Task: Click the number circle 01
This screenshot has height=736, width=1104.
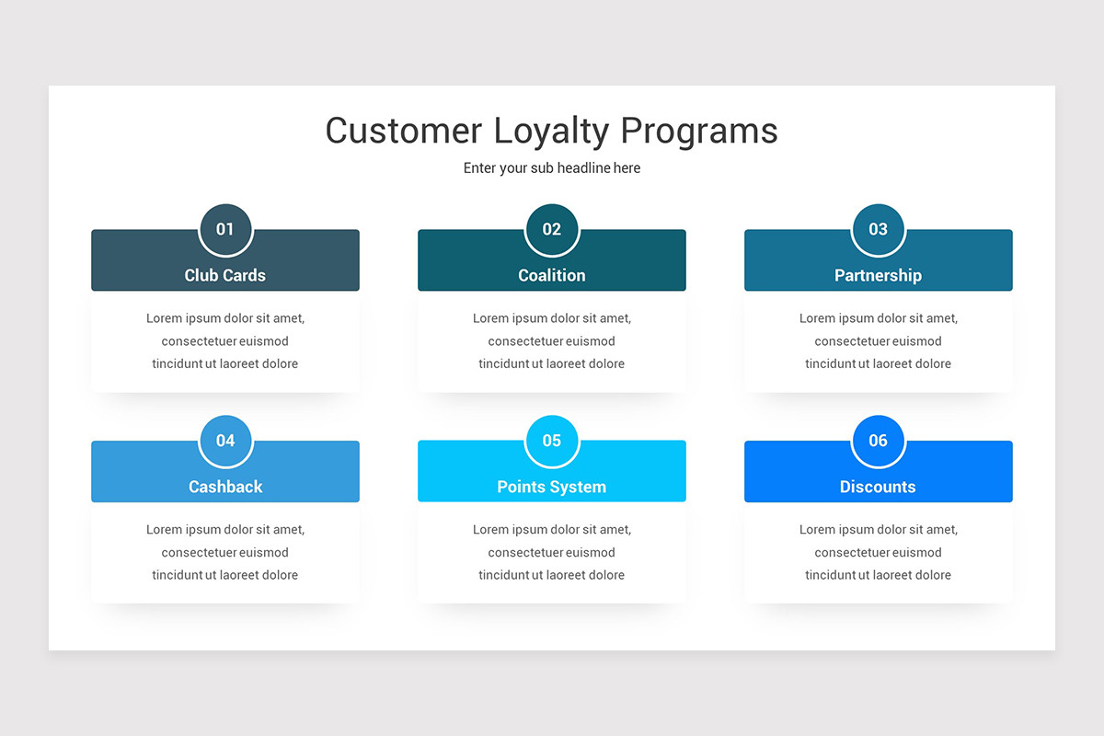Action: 225,229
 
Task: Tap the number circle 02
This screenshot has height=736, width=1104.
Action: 552,229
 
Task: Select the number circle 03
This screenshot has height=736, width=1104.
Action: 879,229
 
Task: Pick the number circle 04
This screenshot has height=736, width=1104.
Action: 225,441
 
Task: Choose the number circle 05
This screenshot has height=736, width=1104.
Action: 552,441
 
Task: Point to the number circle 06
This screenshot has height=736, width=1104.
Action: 879,441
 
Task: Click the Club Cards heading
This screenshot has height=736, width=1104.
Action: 225,275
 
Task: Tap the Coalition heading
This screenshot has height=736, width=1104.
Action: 552,275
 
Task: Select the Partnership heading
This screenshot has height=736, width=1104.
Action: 879,275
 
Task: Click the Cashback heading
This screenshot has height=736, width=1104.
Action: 225,487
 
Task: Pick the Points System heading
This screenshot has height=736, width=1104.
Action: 552,487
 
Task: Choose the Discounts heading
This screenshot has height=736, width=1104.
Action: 879,487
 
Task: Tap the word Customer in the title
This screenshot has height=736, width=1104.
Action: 403,131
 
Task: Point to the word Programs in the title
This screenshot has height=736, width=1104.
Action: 699,131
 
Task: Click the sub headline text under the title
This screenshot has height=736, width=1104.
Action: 552,168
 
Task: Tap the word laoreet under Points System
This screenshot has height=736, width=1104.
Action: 567,575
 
